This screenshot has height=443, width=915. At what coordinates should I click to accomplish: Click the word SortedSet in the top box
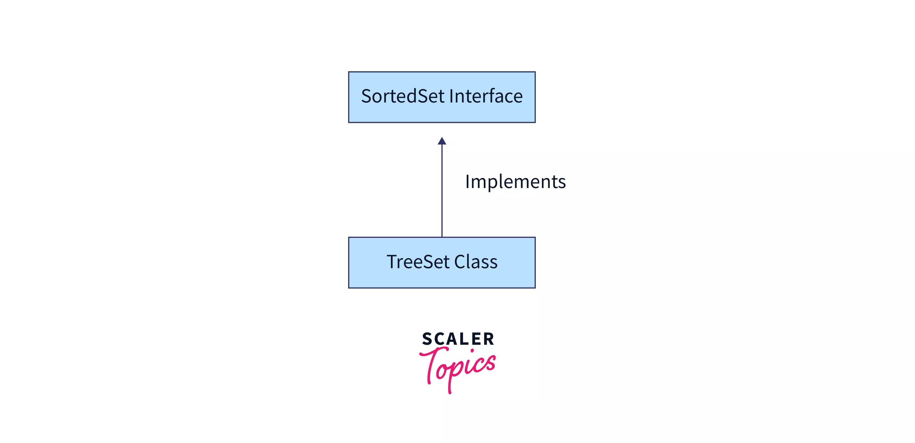point(403,97)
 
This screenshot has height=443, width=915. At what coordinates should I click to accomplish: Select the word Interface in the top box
point(486,97)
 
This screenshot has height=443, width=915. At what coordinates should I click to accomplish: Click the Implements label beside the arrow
point(515,182)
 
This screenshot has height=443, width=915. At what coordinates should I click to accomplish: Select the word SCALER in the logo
point(458,339)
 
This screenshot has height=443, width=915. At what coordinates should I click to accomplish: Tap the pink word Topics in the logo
point(458,368)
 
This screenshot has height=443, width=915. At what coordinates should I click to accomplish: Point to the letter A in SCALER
point(451,339)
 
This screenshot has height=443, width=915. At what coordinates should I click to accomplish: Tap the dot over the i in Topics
point(472,351)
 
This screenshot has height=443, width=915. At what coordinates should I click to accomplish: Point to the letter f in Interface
point(492,96)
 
